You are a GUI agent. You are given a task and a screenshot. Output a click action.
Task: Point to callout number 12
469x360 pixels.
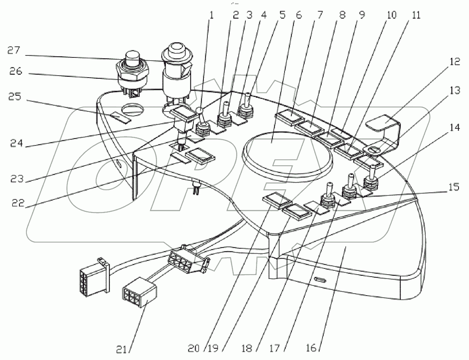[454, 62]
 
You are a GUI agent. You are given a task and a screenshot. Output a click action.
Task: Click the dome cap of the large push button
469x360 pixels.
[178, 49]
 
